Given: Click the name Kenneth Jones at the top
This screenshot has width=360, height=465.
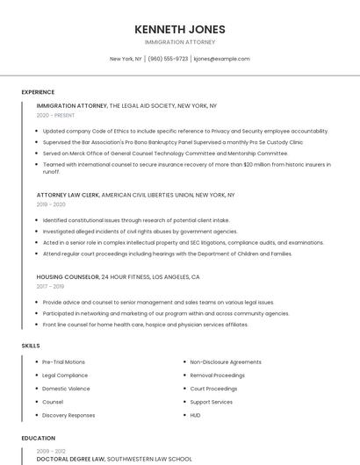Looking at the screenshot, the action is point(179,29).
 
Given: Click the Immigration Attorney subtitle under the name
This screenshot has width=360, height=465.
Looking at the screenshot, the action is point(179,42).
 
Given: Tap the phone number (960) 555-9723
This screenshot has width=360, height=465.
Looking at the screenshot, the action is point(168,59).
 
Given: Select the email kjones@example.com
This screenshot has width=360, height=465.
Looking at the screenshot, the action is point(221,59).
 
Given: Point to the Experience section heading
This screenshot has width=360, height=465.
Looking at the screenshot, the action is point(38,91).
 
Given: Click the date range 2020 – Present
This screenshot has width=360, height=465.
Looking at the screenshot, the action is point(55,115).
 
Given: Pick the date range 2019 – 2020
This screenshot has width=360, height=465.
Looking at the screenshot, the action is point(51,204).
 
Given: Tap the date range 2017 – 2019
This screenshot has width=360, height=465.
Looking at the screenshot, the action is point(50,286).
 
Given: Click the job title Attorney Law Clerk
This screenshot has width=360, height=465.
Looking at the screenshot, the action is point(68,195).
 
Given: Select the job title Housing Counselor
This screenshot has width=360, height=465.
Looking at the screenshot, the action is point(68,276).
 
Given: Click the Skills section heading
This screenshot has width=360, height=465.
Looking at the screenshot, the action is point(31,346).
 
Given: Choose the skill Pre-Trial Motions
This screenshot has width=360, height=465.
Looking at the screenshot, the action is point(63,361).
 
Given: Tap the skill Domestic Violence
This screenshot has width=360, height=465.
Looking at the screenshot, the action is point(66,389).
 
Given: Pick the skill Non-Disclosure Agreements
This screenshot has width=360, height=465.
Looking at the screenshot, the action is point(226,361).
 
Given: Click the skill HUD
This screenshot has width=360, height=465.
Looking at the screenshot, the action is point(196,415).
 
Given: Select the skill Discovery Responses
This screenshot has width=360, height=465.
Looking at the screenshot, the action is point(68,415).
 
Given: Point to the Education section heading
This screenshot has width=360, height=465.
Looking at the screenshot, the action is point(38,438).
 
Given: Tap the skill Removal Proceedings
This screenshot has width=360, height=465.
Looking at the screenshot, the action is point(218,375).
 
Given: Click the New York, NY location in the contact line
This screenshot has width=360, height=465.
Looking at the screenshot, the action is point(126,59).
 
